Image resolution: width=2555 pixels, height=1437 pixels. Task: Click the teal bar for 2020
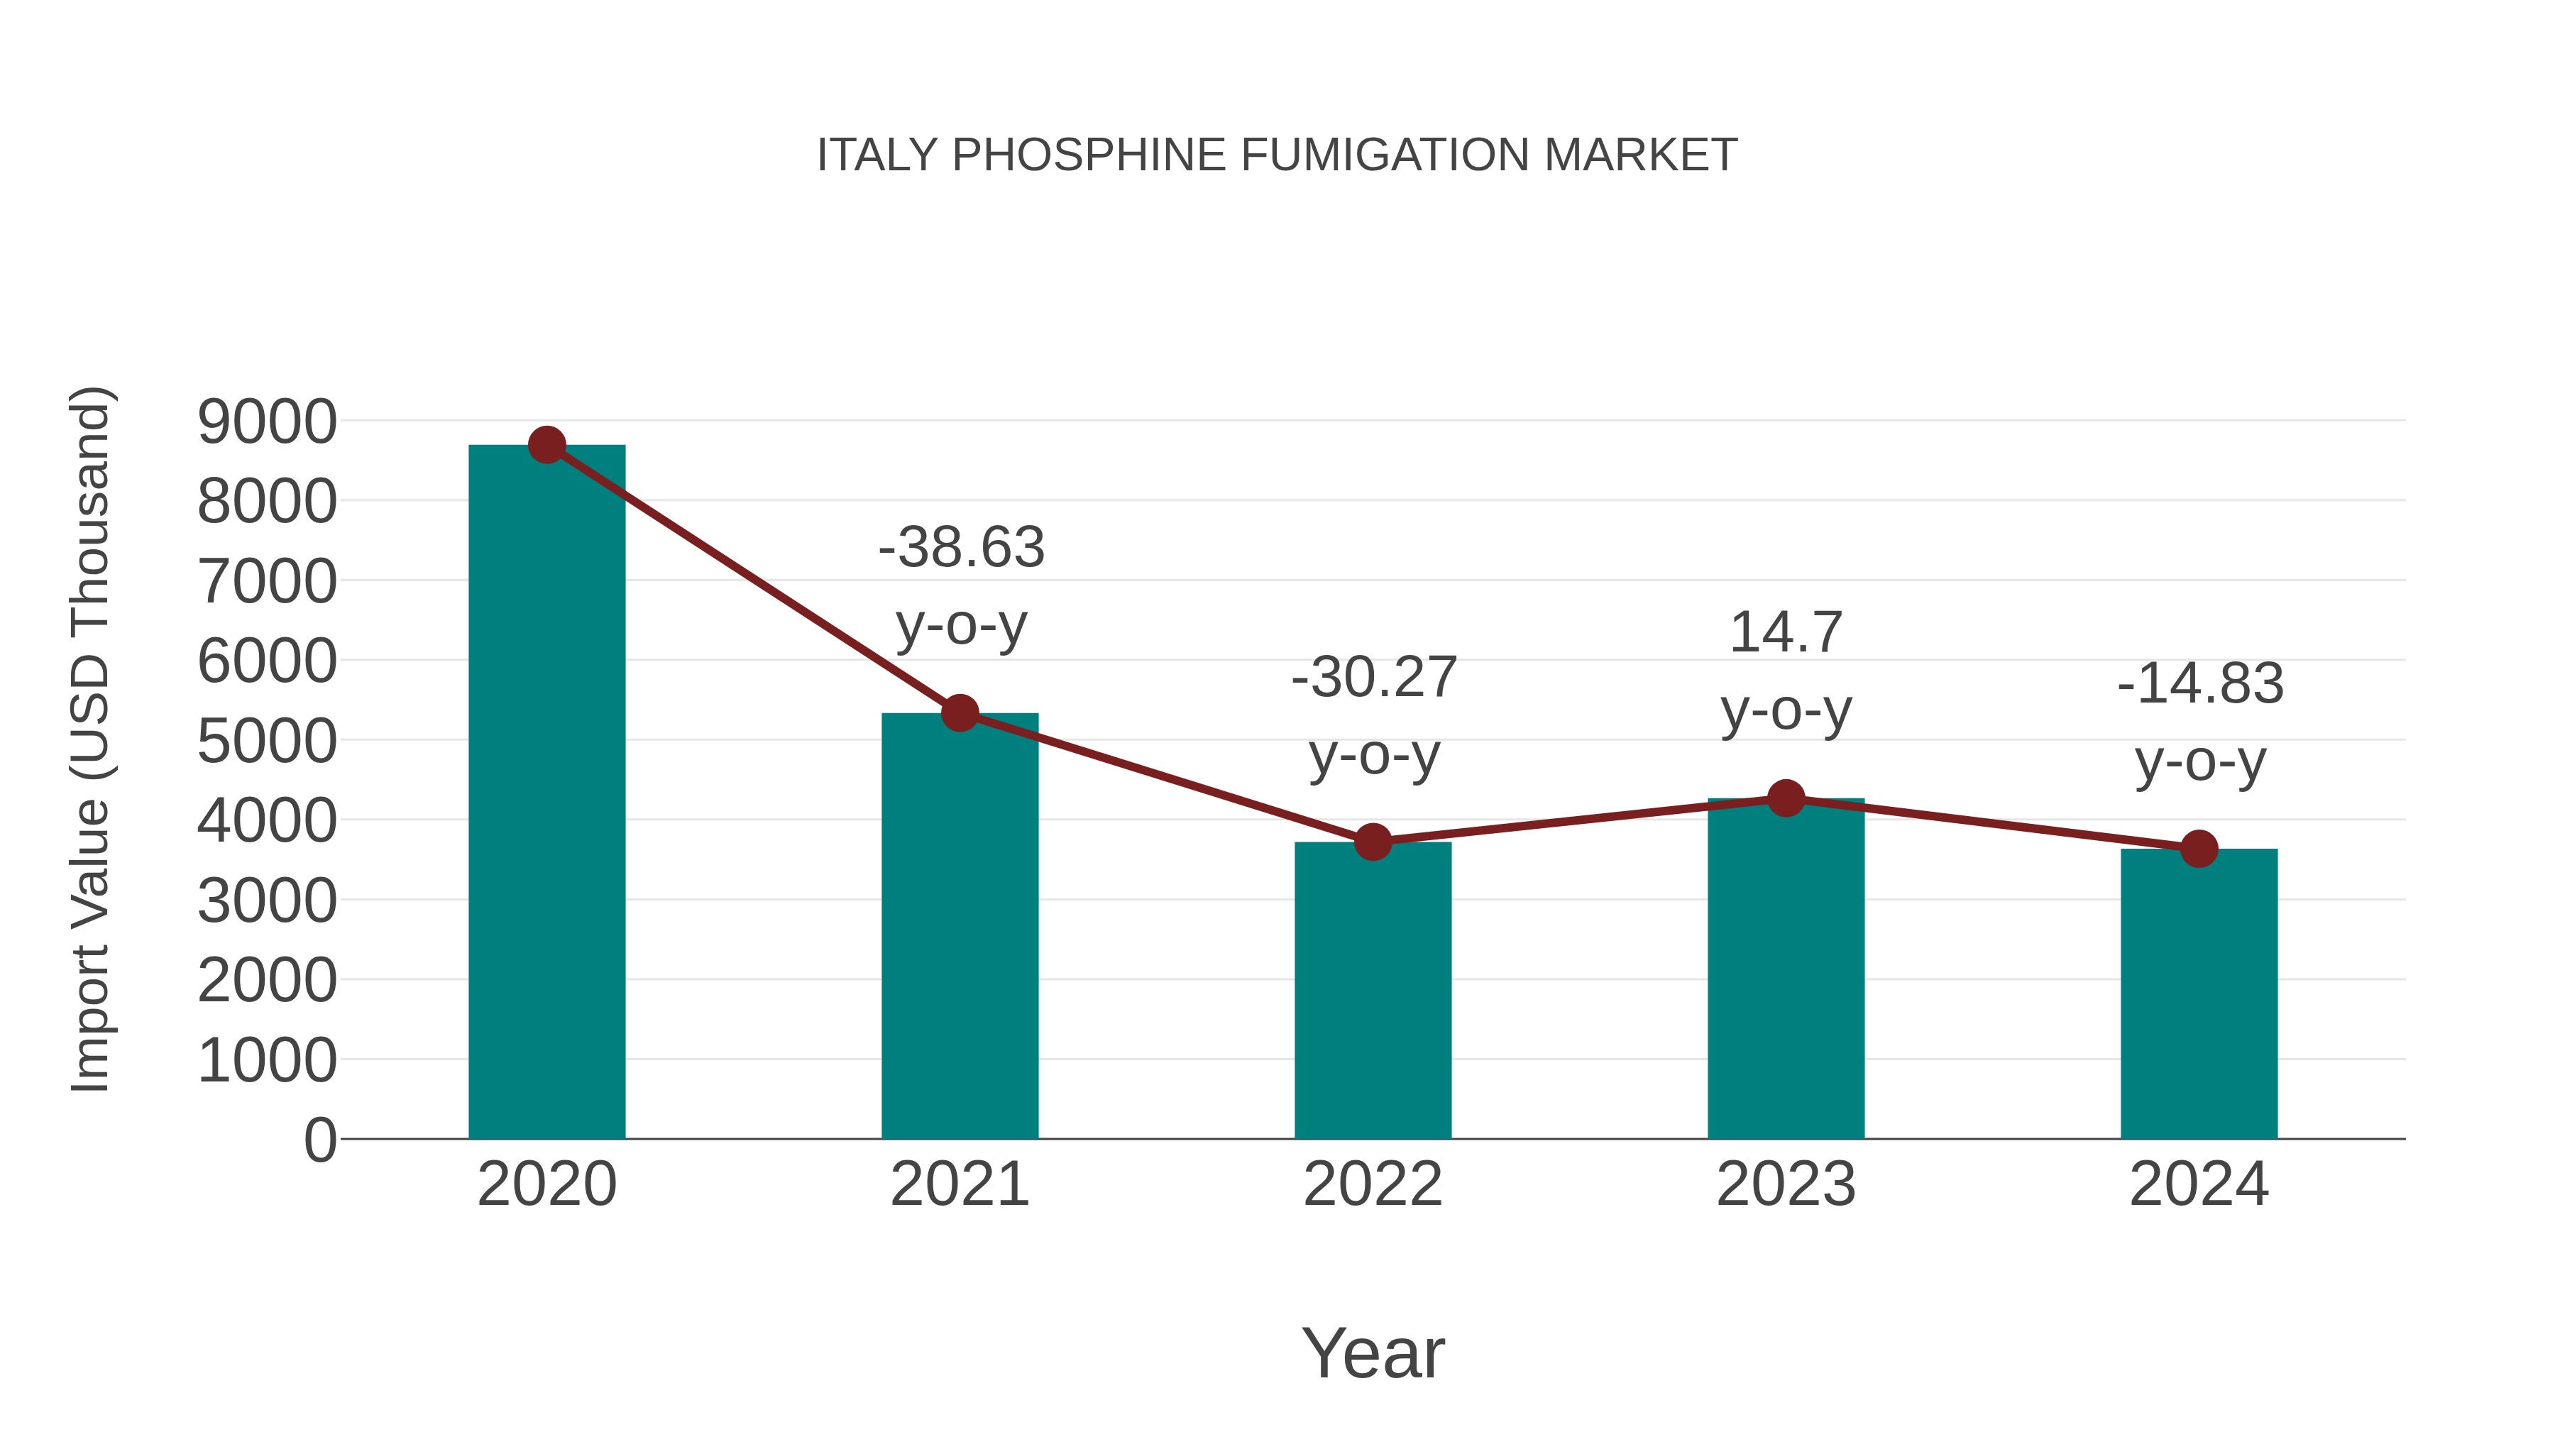point(546,793)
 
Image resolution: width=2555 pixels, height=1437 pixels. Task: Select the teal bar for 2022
point(1373,992)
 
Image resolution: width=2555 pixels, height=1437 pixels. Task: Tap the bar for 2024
point(2199,995)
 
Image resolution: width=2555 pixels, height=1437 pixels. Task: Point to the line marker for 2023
point(1786,798)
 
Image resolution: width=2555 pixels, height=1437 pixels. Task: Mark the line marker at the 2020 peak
point(546,444)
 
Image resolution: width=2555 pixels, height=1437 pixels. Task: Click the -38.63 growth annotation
point(961,547)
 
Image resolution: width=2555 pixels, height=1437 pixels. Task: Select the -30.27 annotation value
point(1374,678)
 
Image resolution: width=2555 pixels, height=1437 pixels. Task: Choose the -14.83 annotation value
point(2200,684)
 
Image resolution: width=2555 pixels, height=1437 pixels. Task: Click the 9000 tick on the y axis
point(267,422)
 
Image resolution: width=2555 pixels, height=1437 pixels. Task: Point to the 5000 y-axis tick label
point(267,741)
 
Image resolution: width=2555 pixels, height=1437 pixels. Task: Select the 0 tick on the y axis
point(319,1140)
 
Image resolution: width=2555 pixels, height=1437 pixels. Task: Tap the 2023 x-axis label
point(1786,1184)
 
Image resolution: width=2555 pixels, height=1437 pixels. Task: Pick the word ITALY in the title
point(877,155)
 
